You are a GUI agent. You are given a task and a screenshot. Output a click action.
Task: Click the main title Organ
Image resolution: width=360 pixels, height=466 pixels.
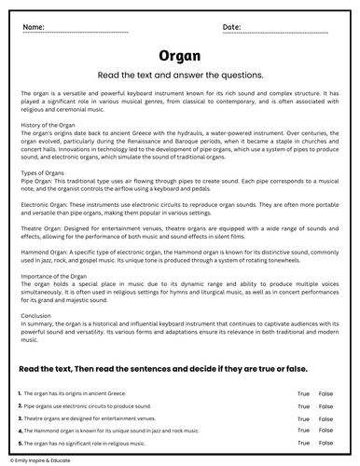pyautogui.click(x=179, y=55)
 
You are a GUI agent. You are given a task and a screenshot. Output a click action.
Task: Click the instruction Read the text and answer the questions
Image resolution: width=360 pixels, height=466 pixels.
pyautogui.click(x=179, y=74)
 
